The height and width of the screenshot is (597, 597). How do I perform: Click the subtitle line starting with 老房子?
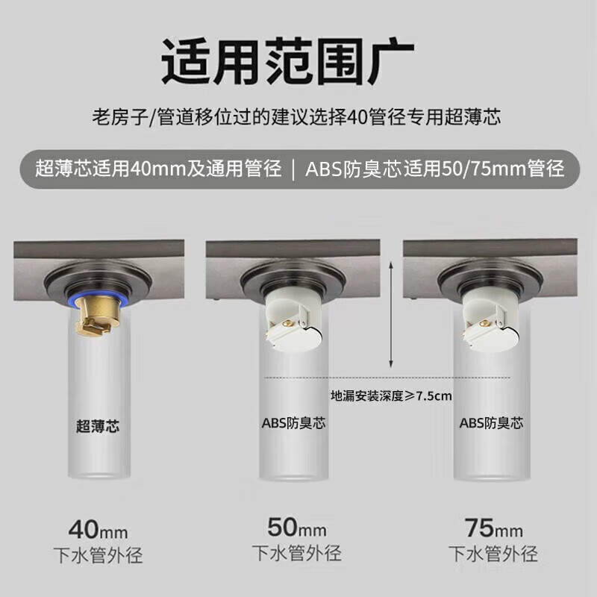point(298,117)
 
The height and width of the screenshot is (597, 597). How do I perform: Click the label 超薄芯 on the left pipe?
point(98,427)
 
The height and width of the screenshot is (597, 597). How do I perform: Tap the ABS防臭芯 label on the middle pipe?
point(293,423)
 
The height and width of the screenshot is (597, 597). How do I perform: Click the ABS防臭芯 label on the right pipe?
point(491,423)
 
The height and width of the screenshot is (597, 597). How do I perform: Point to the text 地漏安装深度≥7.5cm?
point(392,396)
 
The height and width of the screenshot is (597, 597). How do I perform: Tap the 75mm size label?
point(493,529)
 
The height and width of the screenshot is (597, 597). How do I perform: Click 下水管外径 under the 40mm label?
point(98,556)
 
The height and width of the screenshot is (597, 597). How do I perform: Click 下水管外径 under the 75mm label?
point(493,553)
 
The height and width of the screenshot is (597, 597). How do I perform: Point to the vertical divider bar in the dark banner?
point(293,169)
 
